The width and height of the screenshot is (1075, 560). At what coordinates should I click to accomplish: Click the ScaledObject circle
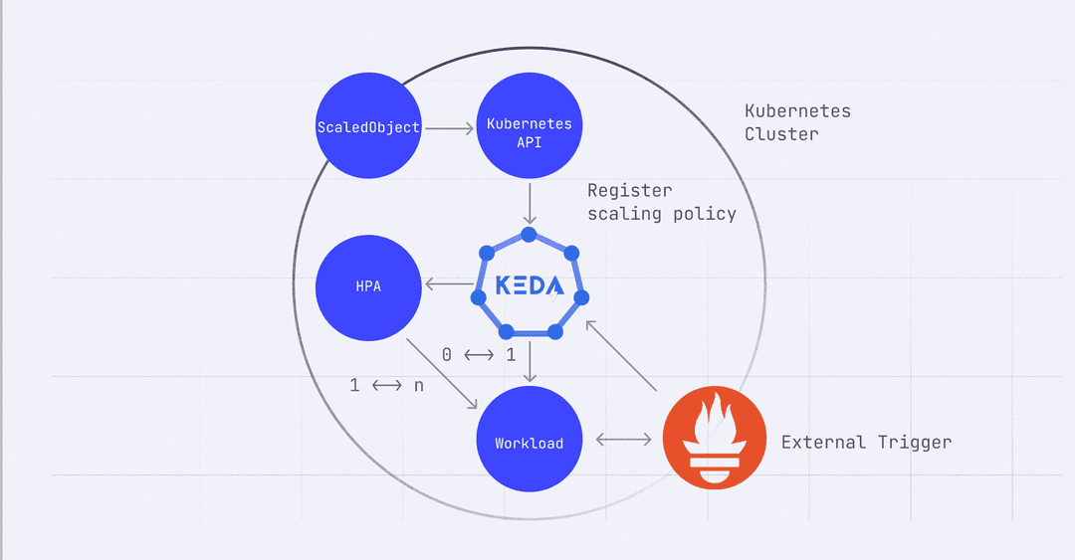pos(368,127)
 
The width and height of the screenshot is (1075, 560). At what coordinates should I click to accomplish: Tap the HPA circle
pos(367,286)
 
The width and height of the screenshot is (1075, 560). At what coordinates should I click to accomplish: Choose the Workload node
pos(529,443)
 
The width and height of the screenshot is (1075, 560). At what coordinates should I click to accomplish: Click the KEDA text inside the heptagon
pos(529,285)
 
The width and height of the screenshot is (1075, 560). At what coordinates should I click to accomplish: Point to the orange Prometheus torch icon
pos(714,439)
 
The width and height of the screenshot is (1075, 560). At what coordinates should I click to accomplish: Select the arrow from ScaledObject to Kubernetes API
pos(449,127)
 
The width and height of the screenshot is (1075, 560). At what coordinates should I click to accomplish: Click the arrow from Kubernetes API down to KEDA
pos(530,203)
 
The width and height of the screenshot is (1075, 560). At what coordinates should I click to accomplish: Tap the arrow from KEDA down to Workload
pos(530,361)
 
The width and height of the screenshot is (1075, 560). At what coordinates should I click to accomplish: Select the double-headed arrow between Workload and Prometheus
pos(622,439)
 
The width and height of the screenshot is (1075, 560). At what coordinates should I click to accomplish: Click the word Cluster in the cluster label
pos(781,134)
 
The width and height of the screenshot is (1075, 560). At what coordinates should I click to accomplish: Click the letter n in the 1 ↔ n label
pos(418,386)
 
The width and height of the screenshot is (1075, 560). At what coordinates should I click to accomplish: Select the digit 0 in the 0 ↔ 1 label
pos(447,354)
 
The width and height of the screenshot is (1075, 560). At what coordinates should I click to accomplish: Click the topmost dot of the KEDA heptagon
pos(530,235)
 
